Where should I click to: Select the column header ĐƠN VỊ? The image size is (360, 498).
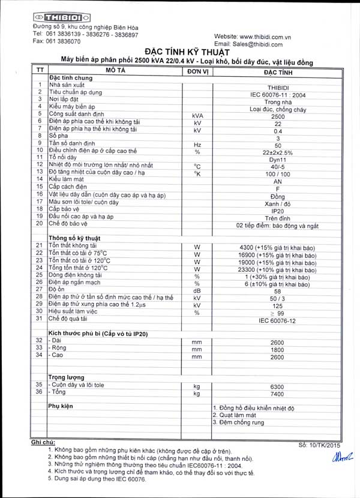196,70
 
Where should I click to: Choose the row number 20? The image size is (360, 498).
39,224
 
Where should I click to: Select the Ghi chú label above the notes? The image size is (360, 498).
43,442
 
